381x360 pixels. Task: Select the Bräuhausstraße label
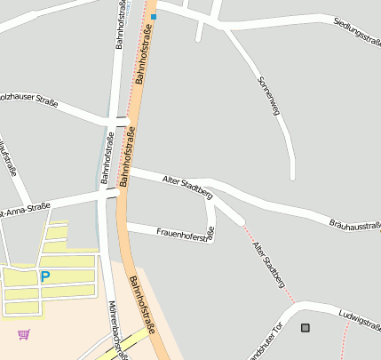(x=354, y=228)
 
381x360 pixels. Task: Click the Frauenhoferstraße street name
(x=186, y=235)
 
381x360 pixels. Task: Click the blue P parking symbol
(x=44, y=277)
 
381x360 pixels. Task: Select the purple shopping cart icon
(x=23, y=334)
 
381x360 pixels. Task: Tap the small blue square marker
(x=154, y=16)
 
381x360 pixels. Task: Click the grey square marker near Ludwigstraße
(x=306, y=328)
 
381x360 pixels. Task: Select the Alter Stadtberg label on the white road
(x=188, y=185)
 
